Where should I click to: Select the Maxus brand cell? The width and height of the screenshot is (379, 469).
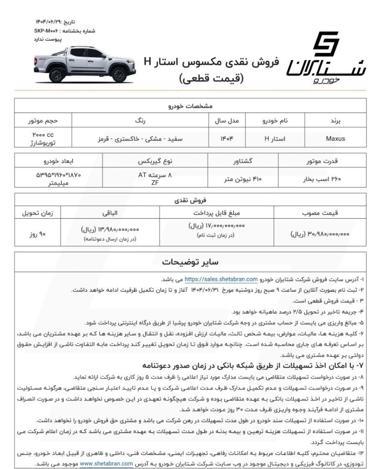(335, 139)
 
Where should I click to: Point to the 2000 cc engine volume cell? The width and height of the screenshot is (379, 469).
(43, 139)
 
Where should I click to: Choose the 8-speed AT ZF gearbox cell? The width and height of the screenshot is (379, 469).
(155, 179)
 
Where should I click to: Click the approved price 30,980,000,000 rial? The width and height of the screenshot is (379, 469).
(320, 234)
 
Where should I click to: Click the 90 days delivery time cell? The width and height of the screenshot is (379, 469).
(37, 234)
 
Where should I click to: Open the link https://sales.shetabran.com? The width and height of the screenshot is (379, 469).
(221, 279)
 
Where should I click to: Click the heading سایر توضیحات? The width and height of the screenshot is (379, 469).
(190, 262)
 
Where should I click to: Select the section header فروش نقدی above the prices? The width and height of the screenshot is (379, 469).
(190, 200)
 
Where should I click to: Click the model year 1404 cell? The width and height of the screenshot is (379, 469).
(227, 139)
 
